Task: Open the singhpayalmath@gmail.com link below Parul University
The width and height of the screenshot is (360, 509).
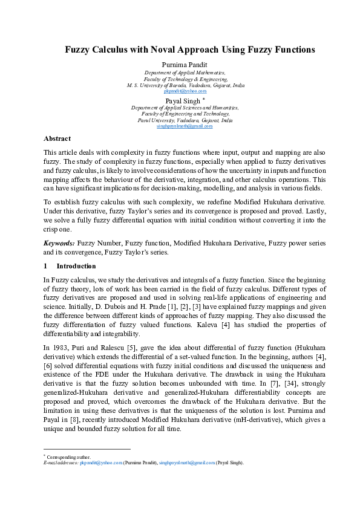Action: [185, 126]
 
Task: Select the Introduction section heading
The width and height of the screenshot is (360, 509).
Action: [76, 266]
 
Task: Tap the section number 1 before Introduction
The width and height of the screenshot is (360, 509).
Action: [45, 266]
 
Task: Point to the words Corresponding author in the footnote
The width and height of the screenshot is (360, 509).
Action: [67, 458]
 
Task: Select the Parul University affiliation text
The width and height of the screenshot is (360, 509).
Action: [185, 120]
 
